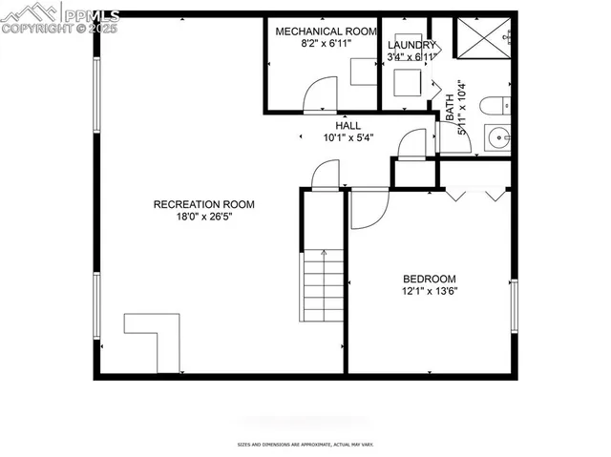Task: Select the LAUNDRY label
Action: (412, 45)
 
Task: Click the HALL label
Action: (348, 125)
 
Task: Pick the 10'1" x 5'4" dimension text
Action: (348, 137)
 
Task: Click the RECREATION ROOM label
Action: (204, 204)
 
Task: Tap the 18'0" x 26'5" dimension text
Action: (204, 217)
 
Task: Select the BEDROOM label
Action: (429, 279)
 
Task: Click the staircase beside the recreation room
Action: (325, 286)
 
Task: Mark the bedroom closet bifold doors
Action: (474, 195)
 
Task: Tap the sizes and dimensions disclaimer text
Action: (305, 445)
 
